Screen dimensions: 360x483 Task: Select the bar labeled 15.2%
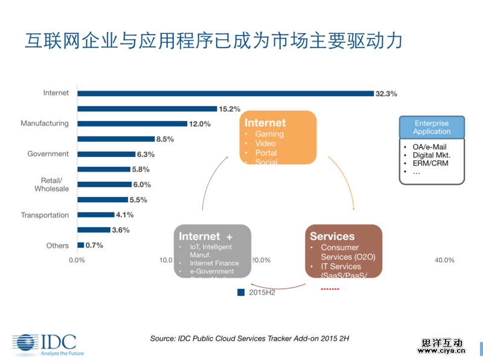[x=147, y=109]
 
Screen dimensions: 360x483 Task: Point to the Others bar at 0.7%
[x=80, y=245]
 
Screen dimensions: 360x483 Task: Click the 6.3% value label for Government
[x=146, y=154]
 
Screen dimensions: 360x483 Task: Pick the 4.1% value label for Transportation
[x=124, y=214]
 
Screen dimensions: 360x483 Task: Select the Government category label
[x=48, y=154]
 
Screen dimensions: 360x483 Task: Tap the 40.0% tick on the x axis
[x=444, y=260]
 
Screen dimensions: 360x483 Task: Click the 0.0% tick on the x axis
[x=77, y=260]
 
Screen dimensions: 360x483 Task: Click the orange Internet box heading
[x=265, y=123]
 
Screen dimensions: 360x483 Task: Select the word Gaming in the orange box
[x=269, y=133]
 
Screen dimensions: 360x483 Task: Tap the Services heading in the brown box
[x=332, y=236]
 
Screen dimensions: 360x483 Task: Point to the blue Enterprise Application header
[x=432, y=127]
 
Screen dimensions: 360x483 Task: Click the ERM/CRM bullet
[x=424, y=164]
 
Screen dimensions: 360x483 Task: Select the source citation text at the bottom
[x=249, y=339]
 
